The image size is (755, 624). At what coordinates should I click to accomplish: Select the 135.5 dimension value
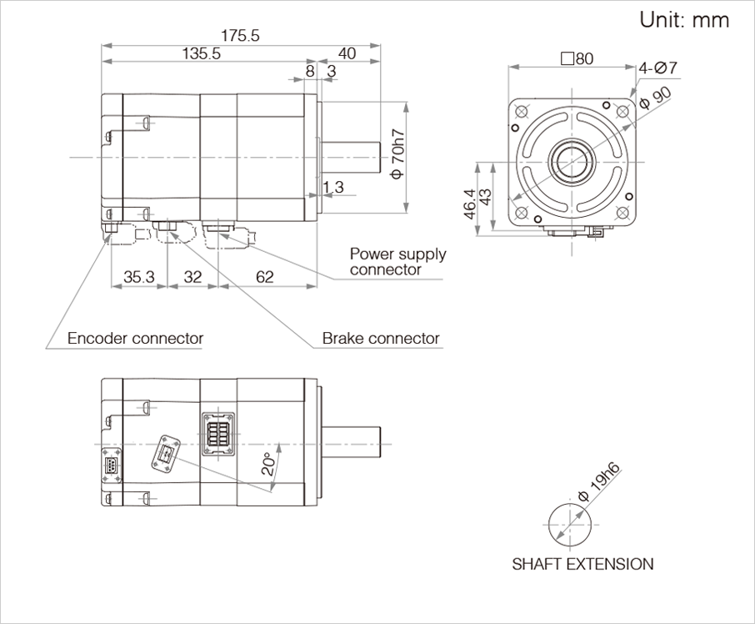(x=200, y=54)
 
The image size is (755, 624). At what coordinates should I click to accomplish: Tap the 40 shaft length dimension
(x=347, y=54)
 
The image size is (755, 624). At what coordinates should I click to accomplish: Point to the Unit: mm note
(x=684, y=20)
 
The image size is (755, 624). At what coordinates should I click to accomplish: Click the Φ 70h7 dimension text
(x=397, y=153)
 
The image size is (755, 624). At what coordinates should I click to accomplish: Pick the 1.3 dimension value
(x=332, y=188)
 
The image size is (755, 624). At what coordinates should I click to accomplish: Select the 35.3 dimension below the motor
(x=139, y=277)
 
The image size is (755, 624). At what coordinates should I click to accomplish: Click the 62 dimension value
(x=265, y=277)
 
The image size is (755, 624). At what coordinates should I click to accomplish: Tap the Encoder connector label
(x=135, y=339)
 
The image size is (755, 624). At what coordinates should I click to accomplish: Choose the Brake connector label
(x=381, y=339)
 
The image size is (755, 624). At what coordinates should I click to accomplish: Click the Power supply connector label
(x=397, y=261)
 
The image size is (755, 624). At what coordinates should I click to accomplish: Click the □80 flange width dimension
(x=577, y=59)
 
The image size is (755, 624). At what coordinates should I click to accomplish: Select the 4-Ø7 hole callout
(x=658, y=68)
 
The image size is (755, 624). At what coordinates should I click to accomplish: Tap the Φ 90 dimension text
(x=656, y=98)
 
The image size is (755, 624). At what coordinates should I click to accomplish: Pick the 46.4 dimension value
(x=469, y=204)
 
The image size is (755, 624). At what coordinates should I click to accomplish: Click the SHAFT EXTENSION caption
(x=582, y=564)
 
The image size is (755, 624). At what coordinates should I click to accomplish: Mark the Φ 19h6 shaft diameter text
(x=601, y=481)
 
